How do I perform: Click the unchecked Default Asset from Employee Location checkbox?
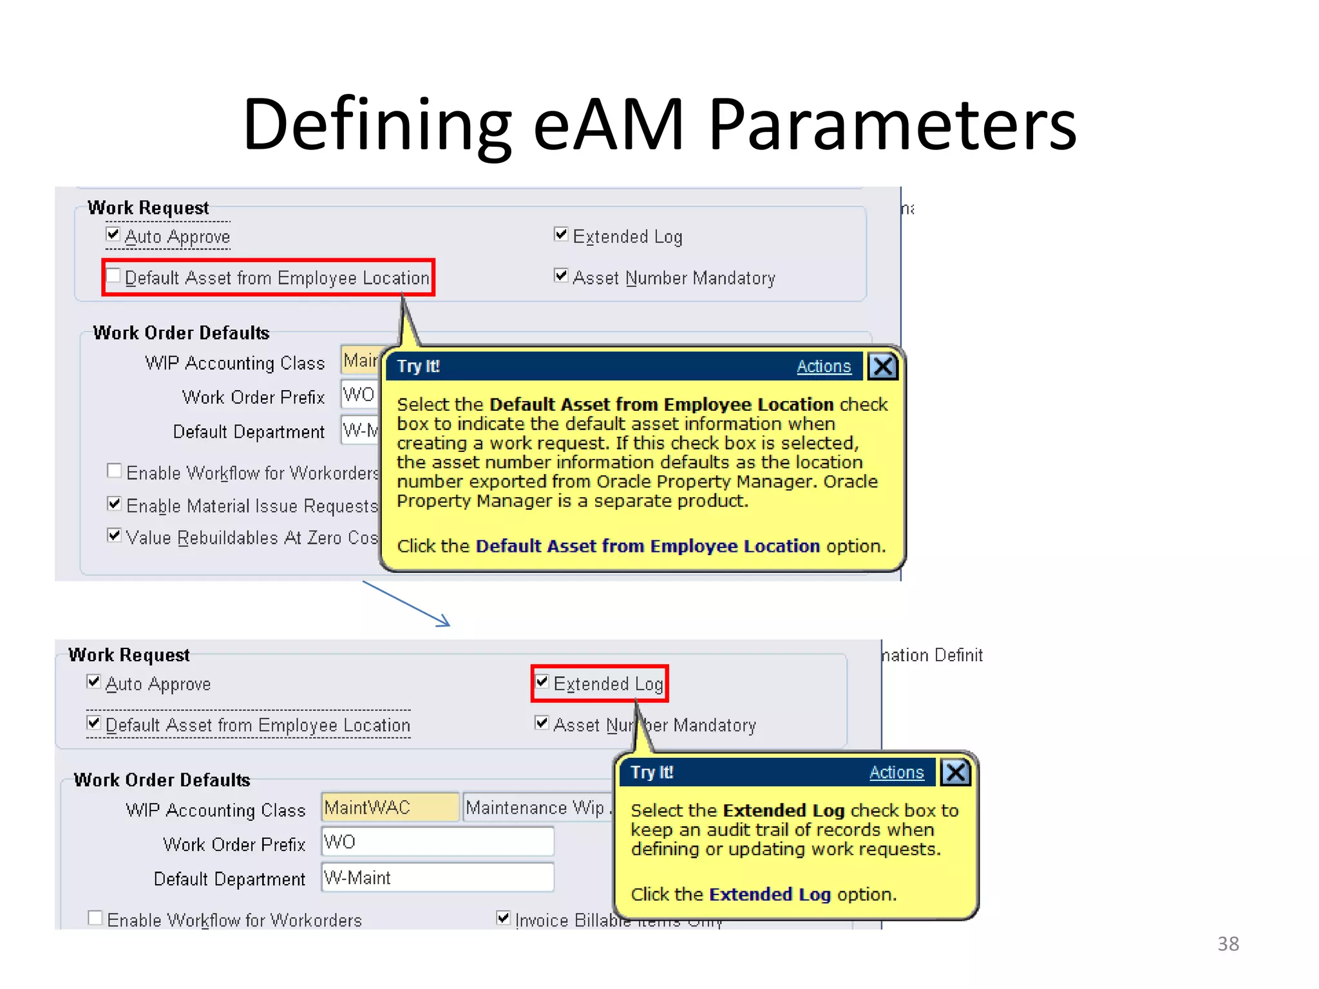click(x=113, y=276)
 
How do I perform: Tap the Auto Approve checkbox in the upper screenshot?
click(x=113, y=234)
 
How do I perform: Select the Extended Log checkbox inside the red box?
click(x=542, y=681)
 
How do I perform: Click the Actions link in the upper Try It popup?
click(x=823, y=366)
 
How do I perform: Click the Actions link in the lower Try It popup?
click(x=896, y=772)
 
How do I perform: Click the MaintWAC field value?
click(x=389, y=807)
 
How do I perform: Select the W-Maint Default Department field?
click(x=437, y=878)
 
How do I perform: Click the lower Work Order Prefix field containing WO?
click(x=437, y=842)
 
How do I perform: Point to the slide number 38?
click(x=1228, y=944)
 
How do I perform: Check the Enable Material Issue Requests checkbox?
click(x=114, y=504)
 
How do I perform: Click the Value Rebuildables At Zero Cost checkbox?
click(x=114, y=535)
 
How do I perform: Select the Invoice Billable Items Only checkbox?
click(x=504, y=918)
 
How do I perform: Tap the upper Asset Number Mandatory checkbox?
click(x=561, y=276)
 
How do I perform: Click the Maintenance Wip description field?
click(x=536, y=807)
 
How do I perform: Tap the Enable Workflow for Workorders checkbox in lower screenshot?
click(x=95, y=918)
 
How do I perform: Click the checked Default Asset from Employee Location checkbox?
click(x=94, y=723)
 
